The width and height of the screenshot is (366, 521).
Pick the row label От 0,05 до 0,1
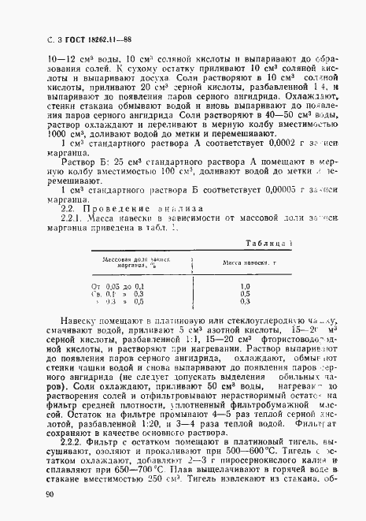(x=117, y=285)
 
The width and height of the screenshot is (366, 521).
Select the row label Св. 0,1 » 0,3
(x=117, y=293)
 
